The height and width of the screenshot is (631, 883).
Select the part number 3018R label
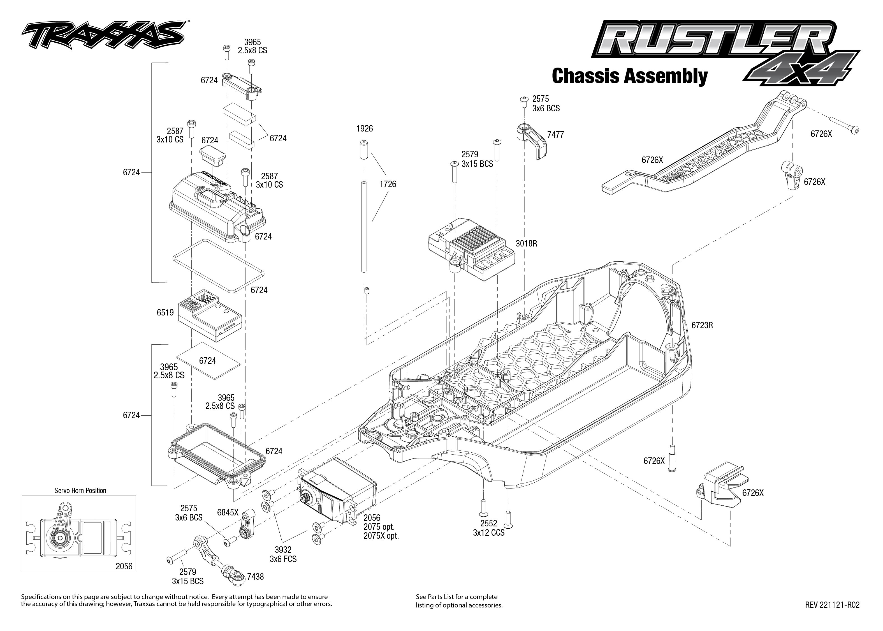526,244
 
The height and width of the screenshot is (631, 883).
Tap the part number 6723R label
702,325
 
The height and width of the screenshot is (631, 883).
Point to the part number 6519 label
165,312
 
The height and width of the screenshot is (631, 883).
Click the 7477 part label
555,135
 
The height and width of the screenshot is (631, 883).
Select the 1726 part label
388,184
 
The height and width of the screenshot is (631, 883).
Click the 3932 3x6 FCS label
283,554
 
